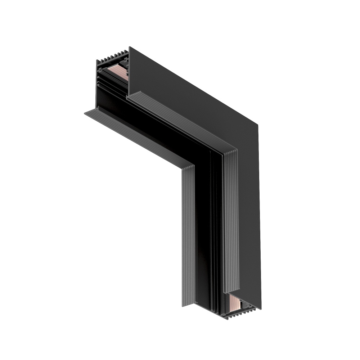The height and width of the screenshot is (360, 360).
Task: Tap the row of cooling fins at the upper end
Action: pyautogui.click(x=112, y=57)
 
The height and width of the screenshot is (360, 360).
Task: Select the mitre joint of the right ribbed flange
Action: pyautogui.click(x=230, y=151)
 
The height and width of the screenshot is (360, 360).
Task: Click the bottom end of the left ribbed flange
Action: pyautogui.click(x=188, y=304)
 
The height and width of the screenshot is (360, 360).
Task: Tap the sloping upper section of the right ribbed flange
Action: pyautogui.click(x=180, y=122)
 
